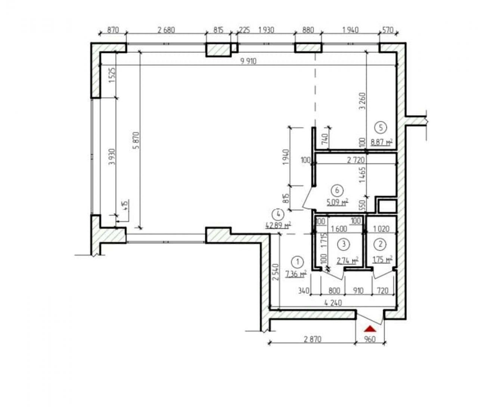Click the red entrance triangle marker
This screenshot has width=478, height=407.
pos(370,329)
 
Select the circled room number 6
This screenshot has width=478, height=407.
pos(337,190)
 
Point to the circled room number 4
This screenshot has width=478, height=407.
pos(279,214)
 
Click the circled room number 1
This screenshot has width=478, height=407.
pos(298,262)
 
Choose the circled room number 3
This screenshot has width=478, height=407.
pos(344,244)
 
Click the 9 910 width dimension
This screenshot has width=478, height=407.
pos(248,61)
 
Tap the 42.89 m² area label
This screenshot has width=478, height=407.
pos(278,225)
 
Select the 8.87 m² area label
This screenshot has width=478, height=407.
pos(382,142)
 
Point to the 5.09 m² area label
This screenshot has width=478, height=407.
pos(337,203)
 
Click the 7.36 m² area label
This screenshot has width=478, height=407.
pos(296,274)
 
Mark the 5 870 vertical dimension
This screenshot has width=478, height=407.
pos(136,140)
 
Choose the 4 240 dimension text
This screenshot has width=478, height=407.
pos(333,303)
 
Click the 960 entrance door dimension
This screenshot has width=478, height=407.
pos(370,339)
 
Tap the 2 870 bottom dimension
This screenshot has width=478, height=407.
pos(313,339)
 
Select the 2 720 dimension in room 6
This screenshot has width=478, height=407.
pos(356,160)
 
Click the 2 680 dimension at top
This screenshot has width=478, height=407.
pos(166,30)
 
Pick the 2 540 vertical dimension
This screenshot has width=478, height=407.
pos(276,272)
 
